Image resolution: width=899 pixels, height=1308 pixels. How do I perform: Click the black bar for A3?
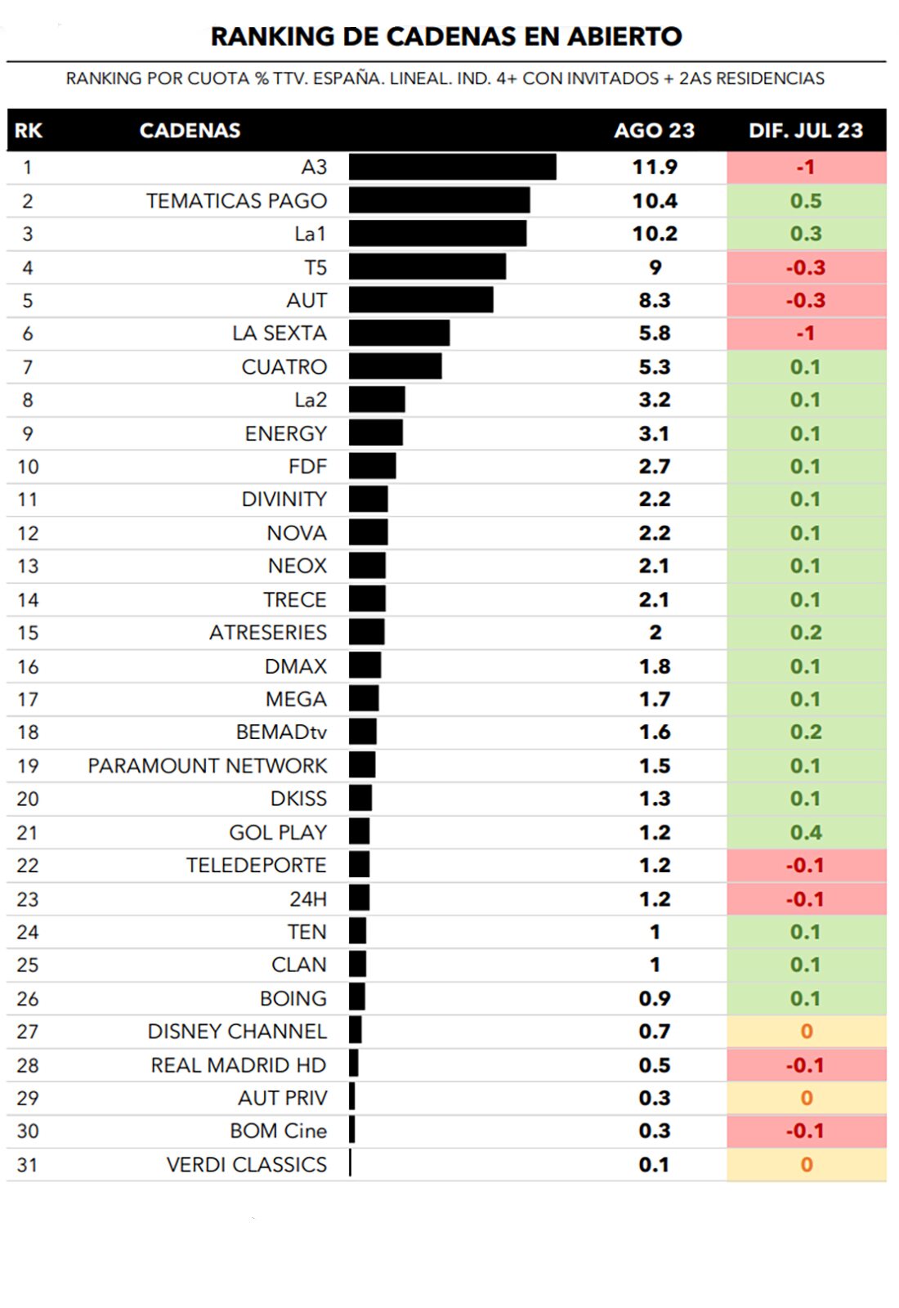pyautogui.click(x=452, y=167)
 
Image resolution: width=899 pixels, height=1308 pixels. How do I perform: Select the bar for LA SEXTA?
pyautogui.click(x=399, y=333)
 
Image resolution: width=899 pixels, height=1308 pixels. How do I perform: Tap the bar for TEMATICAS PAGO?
pyautogui.click(x=439, y=200)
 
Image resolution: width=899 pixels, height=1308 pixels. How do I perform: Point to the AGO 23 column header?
pyautogui.click(x=654, y=131)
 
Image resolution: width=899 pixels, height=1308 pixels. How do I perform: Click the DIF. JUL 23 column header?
pyautogui.click(x=806, y=131)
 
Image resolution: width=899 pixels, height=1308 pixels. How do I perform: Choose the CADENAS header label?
pyautogui.click(x=190, y=131)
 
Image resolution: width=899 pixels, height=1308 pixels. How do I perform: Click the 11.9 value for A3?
pyautogui.click(x=654, y=167)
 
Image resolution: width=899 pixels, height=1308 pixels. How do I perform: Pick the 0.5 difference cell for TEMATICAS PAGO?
pyautogui.click(x=806, y=200)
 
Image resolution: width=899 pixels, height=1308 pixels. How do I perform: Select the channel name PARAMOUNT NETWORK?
pyautogui.click(x=208, y=765)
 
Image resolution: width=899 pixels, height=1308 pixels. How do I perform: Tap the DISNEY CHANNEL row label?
pyautogui.click(x=237, y=1031)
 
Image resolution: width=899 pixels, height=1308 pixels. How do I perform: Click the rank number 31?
pyautogui.click(x=28, y=1164)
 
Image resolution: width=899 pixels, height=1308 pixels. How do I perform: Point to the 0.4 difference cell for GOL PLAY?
pyautogui.click(x=806, y=832)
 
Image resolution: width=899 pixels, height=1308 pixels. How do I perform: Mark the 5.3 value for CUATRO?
pyautogui.click(x=654, y=366)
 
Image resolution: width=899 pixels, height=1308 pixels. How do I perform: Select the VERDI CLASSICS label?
pyautogui.click(x=246, y=1164)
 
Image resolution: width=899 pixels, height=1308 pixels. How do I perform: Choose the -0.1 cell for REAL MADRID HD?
pyautogui.click(x=805, y=1064)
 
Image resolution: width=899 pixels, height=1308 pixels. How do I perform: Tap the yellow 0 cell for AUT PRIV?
pyautogui.click(x=806, y=1098)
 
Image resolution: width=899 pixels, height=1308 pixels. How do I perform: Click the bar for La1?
pyautogui.click(x=437, y=233)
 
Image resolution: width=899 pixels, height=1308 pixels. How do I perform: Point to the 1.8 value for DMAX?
pyautogui.click(x=654, y=666)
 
